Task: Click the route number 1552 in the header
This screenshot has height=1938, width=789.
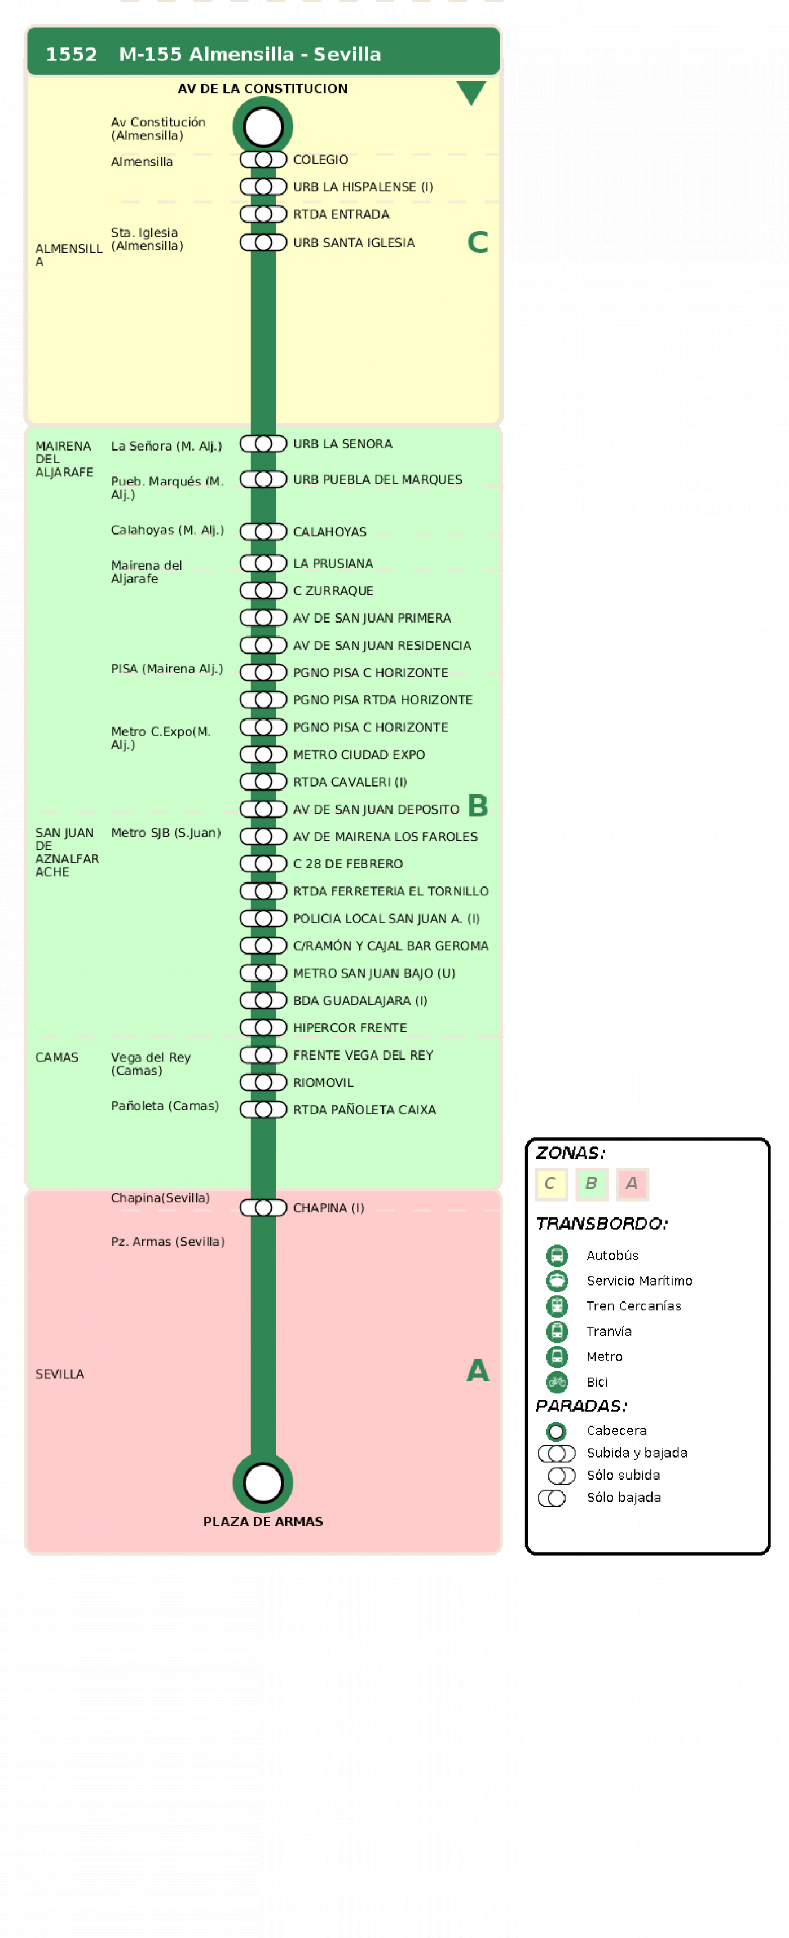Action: (x=72, y=54)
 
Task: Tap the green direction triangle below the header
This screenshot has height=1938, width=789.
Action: (x=471, y=92)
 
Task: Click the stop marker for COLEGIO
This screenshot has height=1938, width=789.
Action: (x=263, y=160)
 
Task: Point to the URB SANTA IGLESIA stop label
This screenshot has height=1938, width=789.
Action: (x=354, y=242)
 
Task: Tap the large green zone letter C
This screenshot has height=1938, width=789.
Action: (x=478, y=242)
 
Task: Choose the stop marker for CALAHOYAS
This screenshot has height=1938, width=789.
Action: (x=263, y=532)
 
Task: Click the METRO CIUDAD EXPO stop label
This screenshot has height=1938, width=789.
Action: (x=359, y=754)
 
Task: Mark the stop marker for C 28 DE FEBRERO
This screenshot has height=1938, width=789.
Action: (x=263, y=864)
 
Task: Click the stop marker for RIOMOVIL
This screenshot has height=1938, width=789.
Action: (x=263, y=1083)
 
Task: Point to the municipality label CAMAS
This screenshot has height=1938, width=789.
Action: (x=56, y=1057)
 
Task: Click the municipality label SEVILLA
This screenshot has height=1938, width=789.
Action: (x=59, y=1374)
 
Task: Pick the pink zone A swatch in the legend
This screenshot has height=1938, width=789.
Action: (x=632, y=1184)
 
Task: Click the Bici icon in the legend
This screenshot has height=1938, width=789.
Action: (x=557, y=1382)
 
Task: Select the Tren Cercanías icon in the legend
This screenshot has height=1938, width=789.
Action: (x=557, y=1306)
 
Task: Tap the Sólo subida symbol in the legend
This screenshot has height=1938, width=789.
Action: (x=561, y=1475)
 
